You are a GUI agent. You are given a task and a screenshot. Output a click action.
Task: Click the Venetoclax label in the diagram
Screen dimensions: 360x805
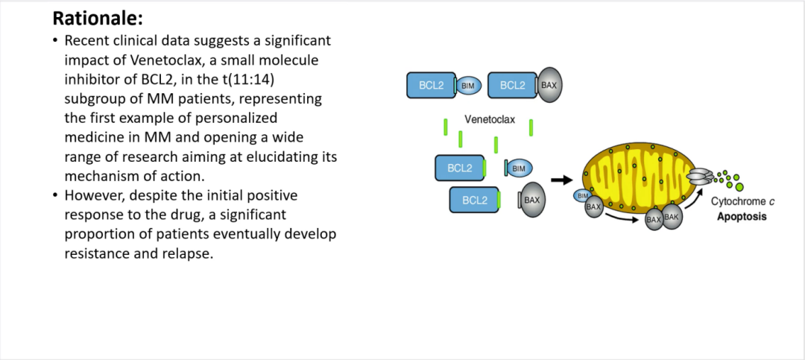pyautogui.click(x=489, y=119)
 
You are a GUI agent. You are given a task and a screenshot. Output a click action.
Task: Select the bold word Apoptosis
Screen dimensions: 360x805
pyautogui.click(x=741, y=218)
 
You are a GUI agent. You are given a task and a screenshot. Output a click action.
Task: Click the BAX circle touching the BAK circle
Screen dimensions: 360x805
pyautogui.click(x=654, y=219)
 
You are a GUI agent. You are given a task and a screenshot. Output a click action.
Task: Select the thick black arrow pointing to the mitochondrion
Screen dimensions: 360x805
pyautogui.click(x=561, y=180)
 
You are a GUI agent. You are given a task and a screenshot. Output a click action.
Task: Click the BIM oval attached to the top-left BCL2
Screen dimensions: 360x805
pyautogui.click(x=469, y=86)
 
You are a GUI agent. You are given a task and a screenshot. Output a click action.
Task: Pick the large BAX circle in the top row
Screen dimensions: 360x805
pyautogui.click(x=549, y=86)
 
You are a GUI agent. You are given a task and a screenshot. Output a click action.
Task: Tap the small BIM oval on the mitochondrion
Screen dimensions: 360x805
pyautogui.click(x=582, y=196)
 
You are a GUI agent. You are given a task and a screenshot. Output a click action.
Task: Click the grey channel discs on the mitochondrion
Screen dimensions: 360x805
pyautogui.click(x=699, y=176)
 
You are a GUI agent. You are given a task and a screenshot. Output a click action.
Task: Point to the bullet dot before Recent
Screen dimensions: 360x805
pyautogui.click(x=55, y=40)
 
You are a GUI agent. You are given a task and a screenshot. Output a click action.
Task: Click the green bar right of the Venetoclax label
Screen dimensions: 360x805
pyautogui.click(x=531, y=127)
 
